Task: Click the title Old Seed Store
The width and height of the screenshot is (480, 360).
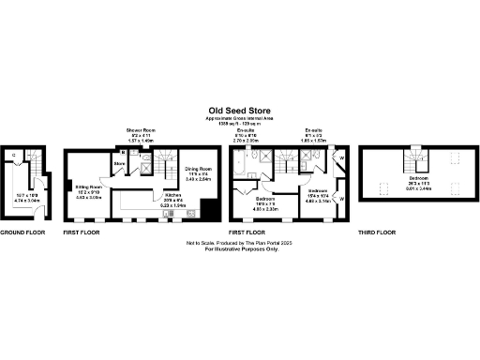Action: [239, 108]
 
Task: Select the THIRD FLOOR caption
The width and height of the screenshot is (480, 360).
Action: [376, 232]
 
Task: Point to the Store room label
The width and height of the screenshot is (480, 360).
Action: [119, 165]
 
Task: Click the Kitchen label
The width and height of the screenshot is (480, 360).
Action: [173, 196]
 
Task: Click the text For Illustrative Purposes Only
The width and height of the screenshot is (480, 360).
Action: [239, 249]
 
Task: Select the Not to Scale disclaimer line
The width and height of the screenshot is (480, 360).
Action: [239, 243]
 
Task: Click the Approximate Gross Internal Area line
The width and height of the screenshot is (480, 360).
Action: [239, 117]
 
